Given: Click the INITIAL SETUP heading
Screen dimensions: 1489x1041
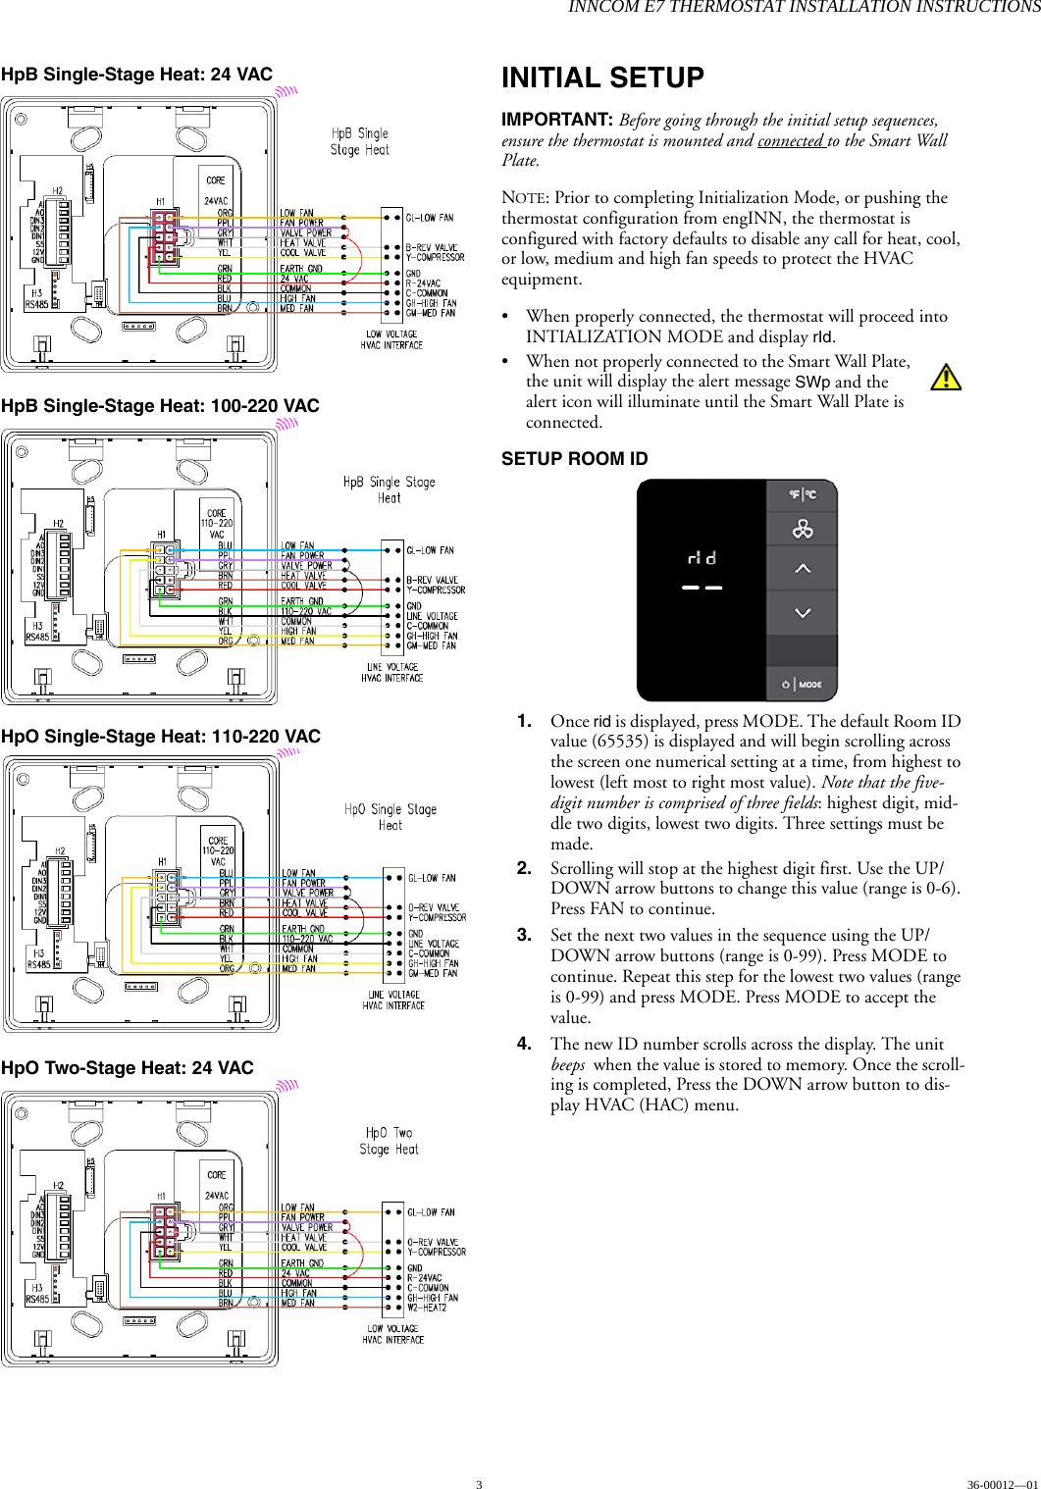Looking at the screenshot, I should pos(602,77).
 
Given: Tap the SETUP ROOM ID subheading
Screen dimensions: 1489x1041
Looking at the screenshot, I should pos(574,459).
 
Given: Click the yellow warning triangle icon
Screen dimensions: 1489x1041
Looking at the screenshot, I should pos(945,378).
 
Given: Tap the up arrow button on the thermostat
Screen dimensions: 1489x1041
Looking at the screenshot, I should pos(802,569).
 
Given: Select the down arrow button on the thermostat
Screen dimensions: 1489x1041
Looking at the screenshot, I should pos(802,613).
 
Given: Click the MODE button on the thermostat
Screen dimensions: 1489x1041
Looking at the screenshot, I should pos(802,684).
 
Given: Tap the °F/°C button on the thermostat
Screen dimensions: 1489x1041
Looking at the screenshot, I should pos(802,494).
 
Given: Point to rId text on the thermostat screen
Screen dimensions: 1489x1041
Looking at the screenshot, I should pos(702,558).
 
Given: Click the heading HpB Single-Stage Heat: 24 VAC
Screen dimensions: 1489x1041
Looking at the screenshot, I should pos(136,75).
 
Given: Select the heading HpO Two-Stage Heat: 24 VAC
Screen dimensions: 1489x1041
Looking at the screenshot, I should pos(128,1068).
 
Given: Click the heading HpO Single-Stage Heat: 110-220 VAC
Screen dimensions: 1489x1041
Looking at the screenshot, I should pos(161,737).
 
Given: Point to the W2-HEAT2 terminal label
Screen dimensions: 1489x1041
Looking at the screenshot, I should pos(427,1308).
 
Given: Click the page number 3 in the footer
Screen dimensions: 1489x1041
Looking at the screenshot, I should pos(479,1484).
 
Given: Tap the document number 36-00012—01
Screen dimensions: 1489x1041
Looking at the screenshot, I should pos(1001,1484).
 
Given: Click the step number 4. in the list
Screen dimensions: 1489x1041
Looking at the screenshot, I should pos(525,1044).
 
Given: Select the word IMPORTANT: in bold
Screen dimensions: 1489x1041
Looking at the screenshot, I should pos(557,120).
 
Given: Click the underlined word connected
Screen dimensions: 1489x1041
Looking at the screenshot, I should pos(790,140).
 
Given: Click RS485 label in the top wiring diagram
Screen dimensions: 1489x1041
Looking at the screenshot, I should pos(36,305).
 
